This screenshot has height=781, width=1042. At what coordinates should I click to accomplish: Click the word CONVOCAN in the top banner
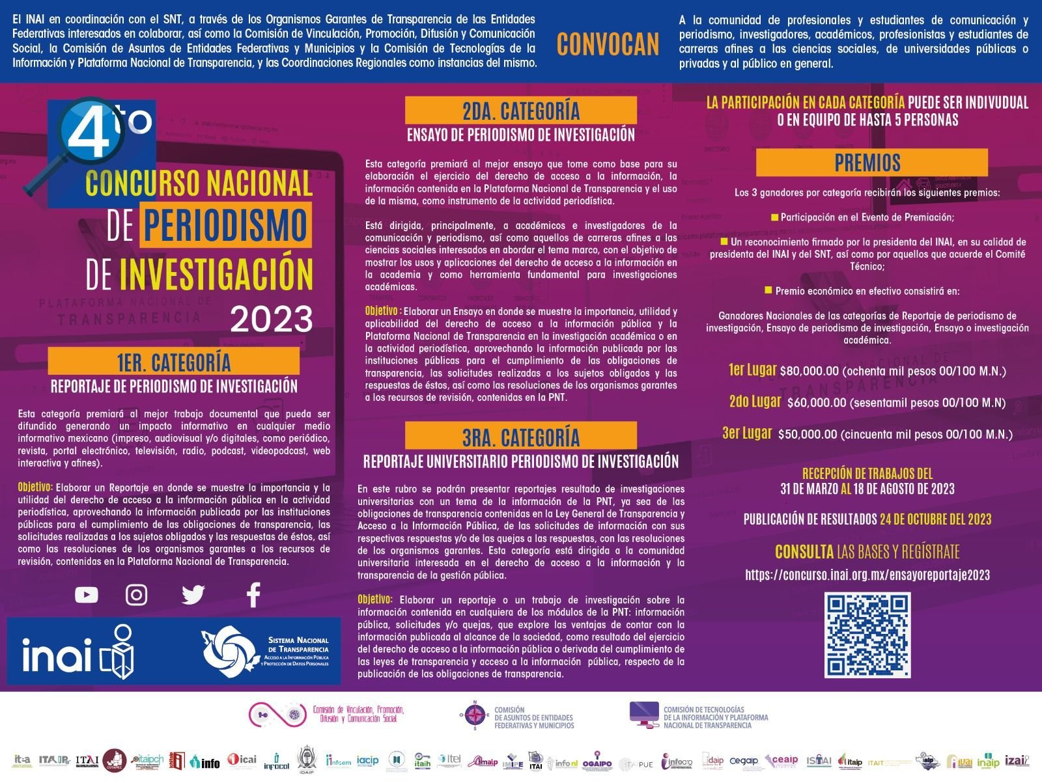pos(608,44)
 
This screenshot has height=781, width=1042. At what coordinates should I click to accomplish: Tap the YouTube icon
pos(87,595)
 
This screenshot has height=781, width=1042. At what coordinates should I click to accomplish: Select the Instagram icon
pos(137,595)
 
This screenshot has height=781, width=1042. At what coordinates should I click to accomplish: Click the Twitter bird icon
pos(193,595)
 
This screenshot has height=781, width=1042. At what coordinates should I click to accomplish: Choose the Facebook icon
pos(253,595)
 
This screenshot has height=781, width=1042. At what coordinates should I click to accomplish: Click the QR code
pos(867,635)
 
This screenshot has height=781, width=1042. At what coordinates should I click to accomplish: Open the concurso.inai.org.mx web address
pos(867,575)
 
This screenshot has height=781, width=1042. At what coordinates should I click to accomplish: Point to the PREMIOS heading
pos(867,162)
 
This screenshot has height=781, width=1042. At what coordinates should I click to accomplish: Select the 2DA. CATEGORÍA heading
pos(521,111)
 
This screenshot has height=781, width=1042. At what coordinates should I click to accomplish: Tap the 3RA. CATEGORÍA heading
pos(521,436)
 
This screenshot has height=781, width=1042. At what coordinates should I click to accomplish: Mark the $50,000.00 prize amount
pos(807,434)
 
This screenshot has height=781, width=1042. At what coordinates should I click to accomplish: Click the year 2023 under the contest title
pos(272,319)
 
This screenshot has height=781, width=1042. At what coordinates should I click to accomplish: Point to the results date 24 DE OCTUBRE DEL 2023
pos(935,519)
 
